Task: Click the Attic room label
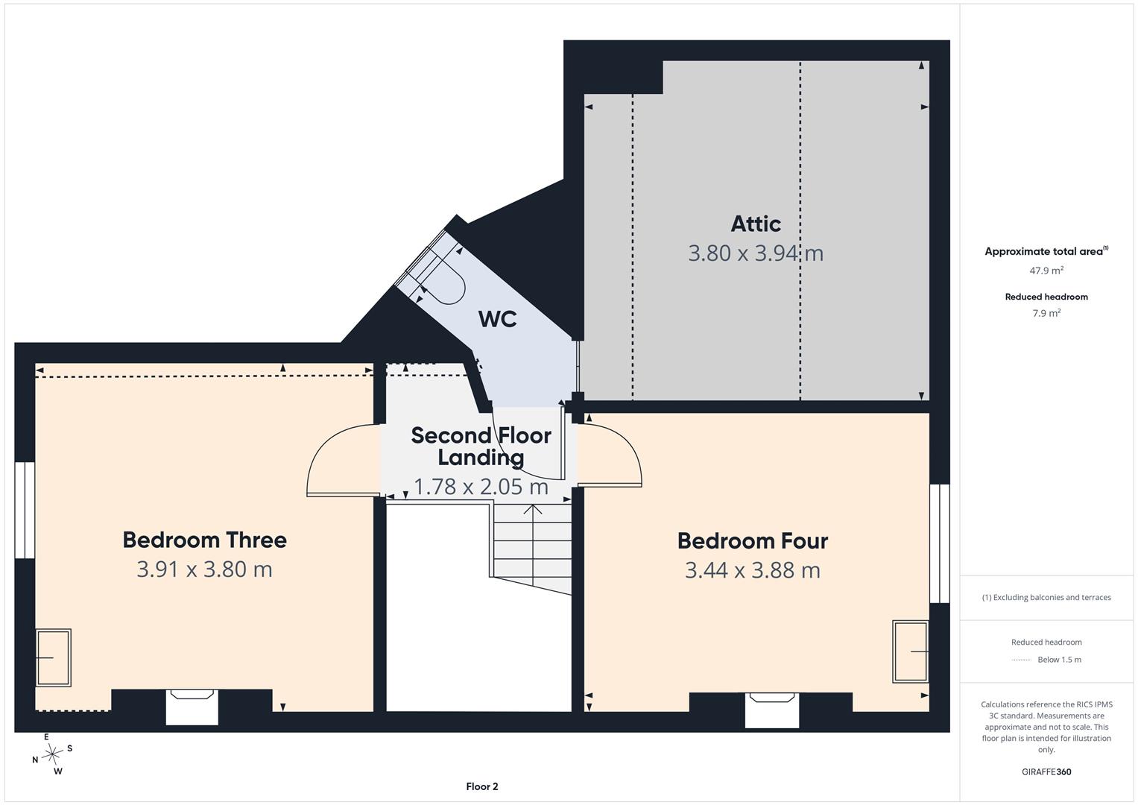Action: click(756, 224)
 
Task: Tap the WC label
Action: click(497, 319)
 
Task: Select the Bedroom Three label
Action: click(205, 540)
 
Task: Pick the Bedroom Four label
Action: click(753, 540)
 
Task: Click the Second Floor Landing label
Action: click(481, 446)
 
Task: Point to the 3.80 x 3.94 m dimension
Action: click(756, 253)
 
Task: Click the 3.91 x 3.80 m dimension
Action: click(205, 569)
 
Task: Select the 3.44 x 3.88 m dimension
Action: click(753, 570)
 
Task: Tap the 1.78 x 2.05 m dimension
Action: click(481, 487)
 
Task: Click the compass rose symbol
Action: click(51, 754)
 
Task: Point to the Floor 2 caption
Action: click(482, 786)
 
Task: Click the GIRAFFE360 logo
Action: click(1046, 771)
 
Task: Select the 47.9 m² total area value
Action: click(1046, 271)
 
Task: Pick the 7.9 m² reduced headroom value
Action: click(1046, 313)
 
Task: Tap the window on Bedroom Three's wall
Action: click(25, 510)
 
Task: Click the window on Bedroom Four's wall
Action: click(939, 543)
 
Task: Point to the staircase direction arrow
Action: click(532, 545)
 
